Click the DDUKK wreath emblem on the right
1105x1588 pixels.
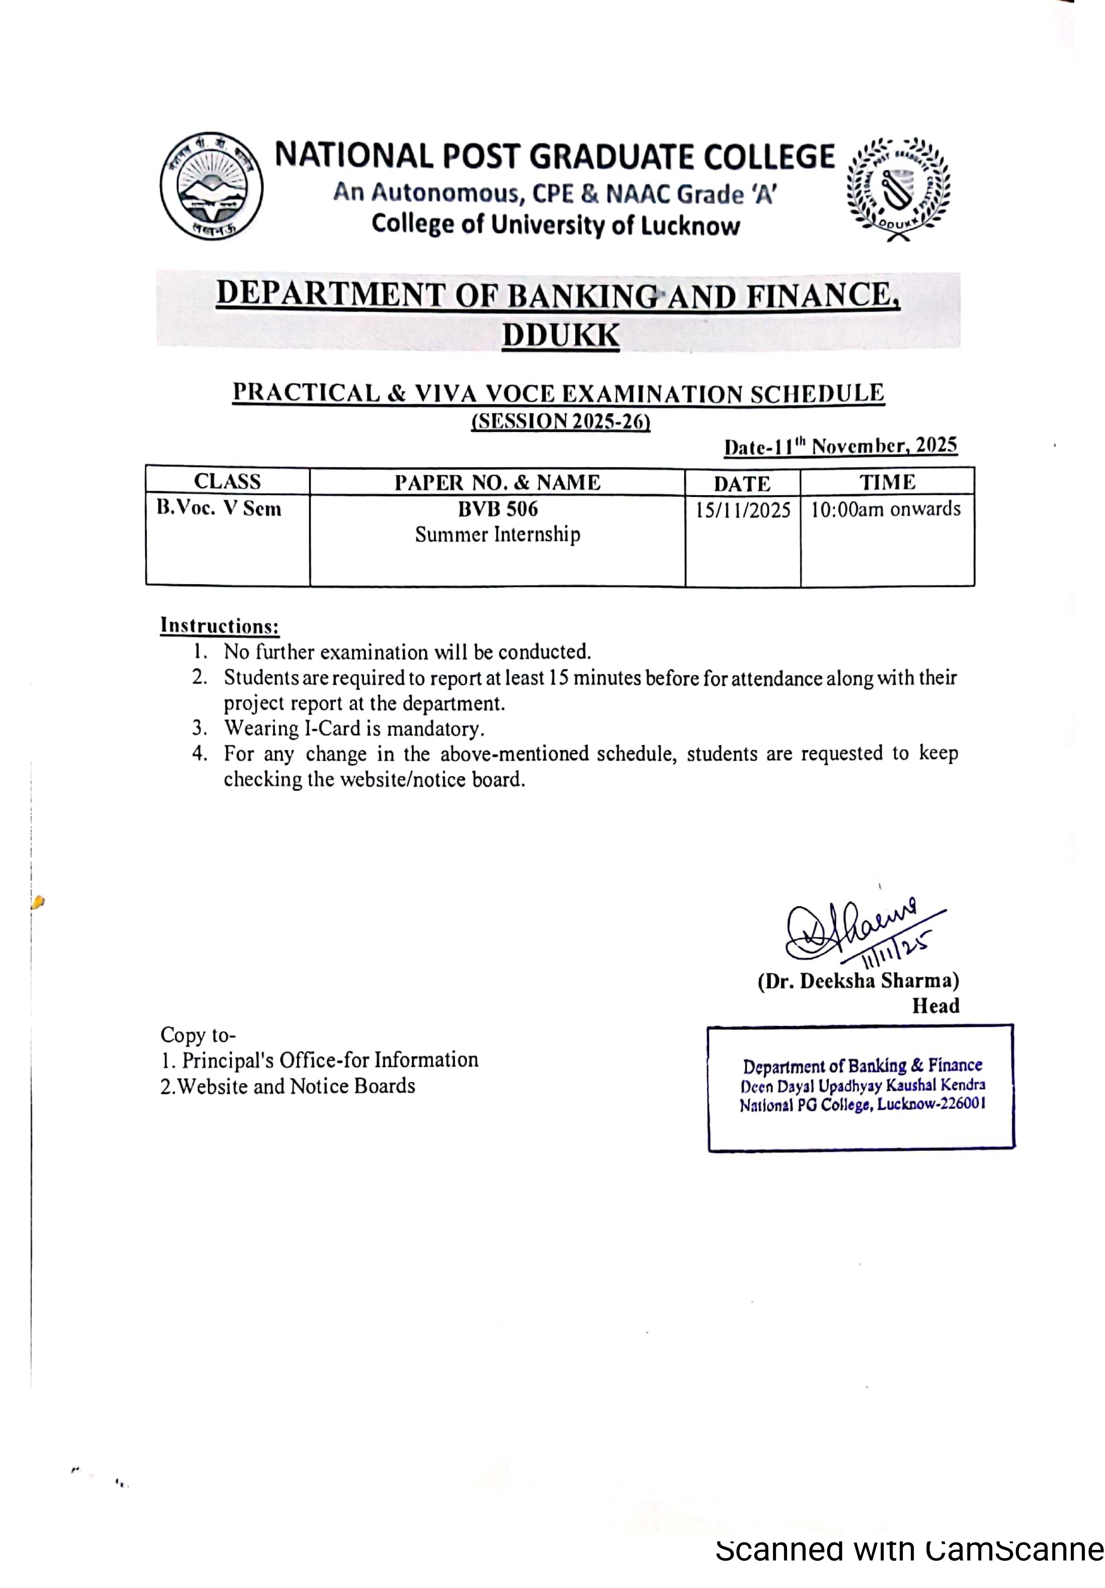(898, 188)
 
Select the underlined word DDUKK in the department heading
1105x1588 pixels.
(560, 335)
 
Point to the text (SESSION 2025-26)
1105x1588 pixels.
(560, 421)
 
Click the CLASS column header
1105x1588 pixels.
(227, 481)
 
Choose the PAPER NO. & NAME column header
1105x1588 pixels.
(497, 482)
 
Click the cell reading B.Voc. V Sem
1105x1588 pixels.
(219, 508)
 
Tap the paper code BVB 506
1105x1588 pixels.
(497, 509)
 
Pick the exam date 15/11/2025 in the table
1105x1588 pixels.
(742, 511)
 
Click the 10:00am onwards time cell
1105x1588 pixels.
(886, 509)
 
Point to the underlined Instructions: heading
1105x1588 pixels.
(219, 626)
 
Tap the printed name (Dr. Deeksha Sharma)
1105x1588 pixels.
(858, 981)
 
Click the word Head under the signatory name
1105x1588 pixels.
(935, 1006)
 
